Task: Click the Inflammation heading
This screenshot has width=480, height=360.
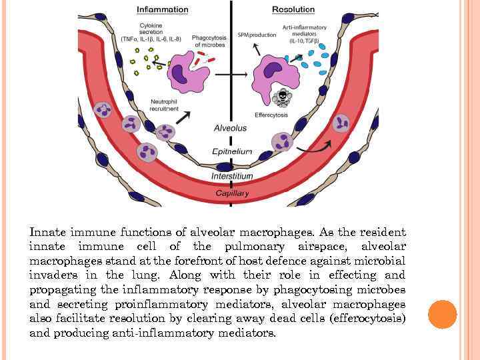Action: click(x=162, y=10)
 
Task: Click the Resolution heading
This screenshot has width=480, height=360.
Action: click(x=293, y=10)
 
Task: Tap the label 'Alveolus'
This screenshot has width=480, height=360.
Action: click(x=231, y=127)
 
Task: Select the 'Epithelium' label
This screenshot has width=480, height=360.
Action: click(x=232, y=152)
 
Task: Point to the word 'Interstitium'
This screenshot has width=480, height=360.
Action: click(x=232, y=176)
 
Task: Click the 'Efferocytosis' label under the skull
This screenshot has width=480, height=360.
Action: click(x=271, y=115)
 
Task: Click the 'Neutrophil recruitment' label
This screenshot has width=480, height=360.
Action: click(x=164, y=105)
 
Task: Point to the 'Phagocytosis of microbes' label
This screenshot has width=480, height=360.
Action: click(x=209, y=41)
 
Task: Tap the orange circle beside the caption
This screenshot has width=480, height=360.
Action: click(x=443, y=315)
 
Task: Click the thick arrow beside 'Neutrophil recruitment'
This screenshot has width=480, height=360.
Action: click(x=181, y=117)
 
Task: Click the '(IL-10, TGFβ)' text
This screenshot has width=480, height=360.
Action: click(x=304, y=41)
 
